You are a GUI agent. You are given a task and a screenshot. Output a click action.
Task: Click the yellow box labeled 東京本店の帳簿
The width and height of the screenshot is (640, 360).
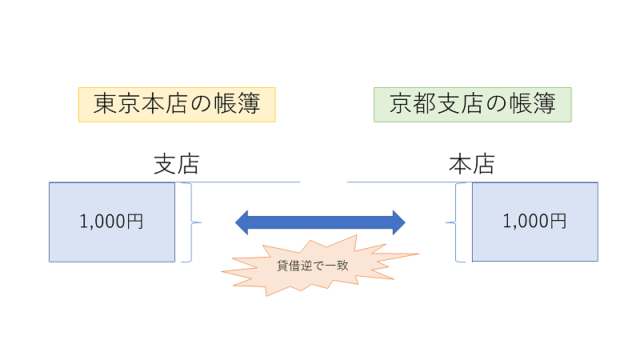click(177, 104)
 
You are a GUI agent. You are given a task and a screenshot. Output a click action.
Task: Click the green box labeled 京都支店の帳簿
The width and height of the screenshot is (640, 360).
click(472, 104)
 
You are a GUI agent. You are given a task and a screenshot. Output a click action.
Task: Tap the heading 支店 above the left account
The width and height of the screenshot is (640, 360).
click(176, 164)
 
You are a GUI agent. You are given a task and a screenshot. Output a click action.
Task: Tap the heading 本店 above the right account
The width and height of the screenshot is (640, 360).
click(471, 164)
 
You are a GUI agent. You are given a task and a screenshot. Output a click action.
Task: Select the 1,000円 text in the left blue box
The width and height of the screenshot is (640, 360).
click(112, 222)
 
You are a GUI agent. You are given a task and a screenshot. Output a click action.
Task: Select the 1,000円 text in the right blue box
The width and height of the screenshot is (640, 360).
click(534, 222)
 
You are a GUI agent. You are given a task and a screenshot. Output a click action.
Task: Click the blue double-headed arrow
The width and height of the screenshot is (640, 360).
click(320, 222)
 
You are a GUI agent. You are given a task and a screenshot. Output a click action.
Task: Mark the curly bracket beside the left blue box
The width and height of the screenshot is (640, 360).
click(189, 222)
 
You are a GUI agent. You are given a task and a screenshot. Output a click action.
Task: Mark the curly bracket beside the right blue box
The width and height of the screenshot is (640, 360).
click(458, 222)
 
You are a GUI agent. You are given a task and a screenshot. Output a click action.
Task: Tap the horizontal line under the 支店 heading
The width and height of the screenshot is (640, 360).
click(240, 182)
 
